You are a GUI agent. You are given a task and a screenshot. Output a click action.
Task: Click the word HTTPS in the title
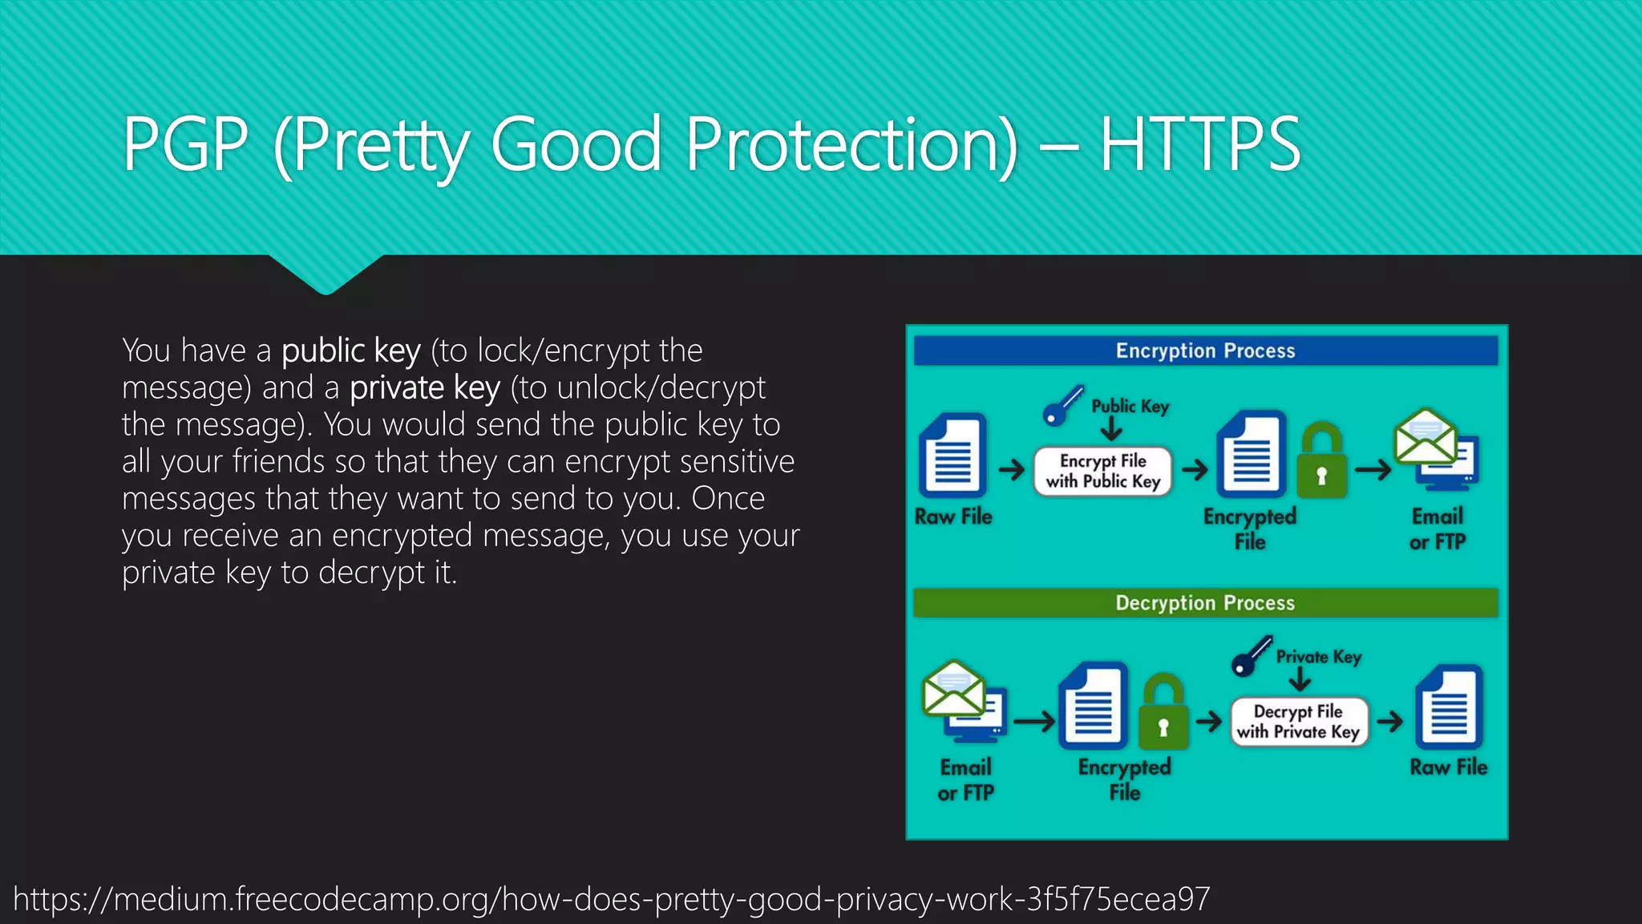tap(1199, 144)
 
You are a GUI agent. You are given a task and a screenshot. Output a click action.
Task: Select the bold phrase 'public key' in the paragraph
tap(351, 351)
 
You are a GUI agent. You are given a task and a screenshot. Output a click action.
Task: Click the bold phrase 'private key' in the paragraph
tap(425, 387)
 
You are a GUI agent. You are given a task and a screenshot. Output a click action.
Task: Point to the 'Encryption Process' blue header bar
tap(1205, 351)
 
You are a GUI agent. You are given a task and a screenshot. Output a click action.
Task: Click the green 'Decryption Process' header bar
tap(1205, 602)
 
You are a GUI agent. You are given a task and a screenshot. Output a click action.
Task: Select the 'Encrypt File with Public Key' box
tap(1102, 471)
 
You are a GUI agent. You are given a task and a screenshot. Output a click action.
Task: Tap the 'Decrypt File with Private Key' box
tap(1298, 721)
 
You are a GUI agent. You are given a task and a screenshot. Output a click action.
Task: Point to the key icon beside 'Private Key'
tap(1251, 656)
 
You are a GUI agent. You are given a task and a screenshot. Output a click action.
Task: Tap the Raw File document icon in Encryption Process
tap(952, 455)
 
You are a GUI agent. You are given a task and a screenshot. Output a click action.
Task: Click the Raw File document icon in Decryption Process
tap(1449, 706)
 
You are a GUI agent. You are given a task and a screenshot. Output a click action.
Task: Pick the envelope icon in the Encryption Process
tap(1425, 436)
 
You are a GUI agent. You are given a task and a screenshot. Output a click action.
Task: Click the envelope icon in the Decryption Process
tap(953, 688)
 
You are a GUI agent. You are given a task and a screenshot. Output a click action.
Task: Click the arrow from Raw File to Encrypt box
tap(1012, 469)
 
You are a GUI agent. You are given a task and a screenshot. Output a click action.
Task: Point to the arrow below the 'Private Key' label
tap(1300, 681)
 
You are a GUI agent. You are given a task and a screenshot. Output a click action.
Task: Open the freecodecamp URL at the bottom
tap(611, 899)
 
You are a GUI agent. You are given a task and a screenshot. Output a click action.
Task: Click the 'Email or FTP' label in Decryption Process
tap(965, 780)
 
